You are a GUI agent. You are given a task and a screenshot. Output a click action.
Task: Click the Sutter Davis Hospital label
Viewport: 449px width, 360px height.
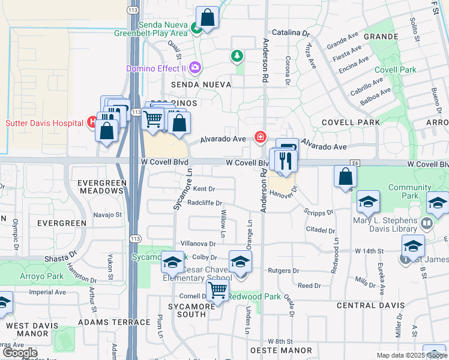(44, 123)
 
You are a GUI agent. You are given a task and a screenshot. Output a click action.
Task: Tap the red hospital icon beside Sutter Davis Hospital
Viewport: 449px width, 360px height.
(92, 122)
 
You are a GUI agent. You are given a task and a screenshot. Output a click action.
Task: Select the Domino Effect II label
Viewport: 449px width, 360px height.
(155, 68)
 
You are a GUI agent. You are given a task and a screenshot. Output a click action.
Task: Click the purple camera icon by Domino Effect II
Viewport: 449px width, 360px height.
(194, 68)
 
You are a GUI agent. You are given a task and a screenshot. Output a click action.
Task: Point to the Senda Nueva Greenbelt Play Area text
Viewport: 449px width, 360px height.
(163, 29)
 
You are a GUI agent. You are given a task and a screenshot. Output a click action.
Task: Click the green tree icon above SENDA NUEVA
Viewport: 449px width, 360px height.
(238, 56)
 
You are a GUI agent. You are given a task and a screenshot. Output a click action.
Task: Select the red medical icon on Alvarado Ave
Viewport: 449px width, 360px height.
(260, 137)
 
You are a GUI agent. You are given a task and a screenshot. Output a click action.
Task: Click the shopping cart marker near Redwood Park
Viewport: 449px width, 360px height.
(218, 291)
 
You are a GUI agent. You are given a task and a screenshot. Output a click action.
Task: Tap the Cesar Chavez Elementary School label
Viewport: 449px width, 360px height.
(197, 274)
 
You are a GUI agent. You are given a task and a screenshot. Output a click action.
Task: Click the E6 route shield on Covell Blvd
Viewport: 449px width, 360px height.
(355, 163)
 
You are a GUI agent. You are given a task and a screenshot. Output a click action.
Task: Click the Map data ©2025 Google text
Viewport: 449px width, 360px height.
(411, 355)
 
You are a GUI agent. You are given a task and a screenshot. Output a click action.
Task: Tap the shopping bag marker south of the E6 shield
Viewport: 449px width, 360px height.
(346, 177)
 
